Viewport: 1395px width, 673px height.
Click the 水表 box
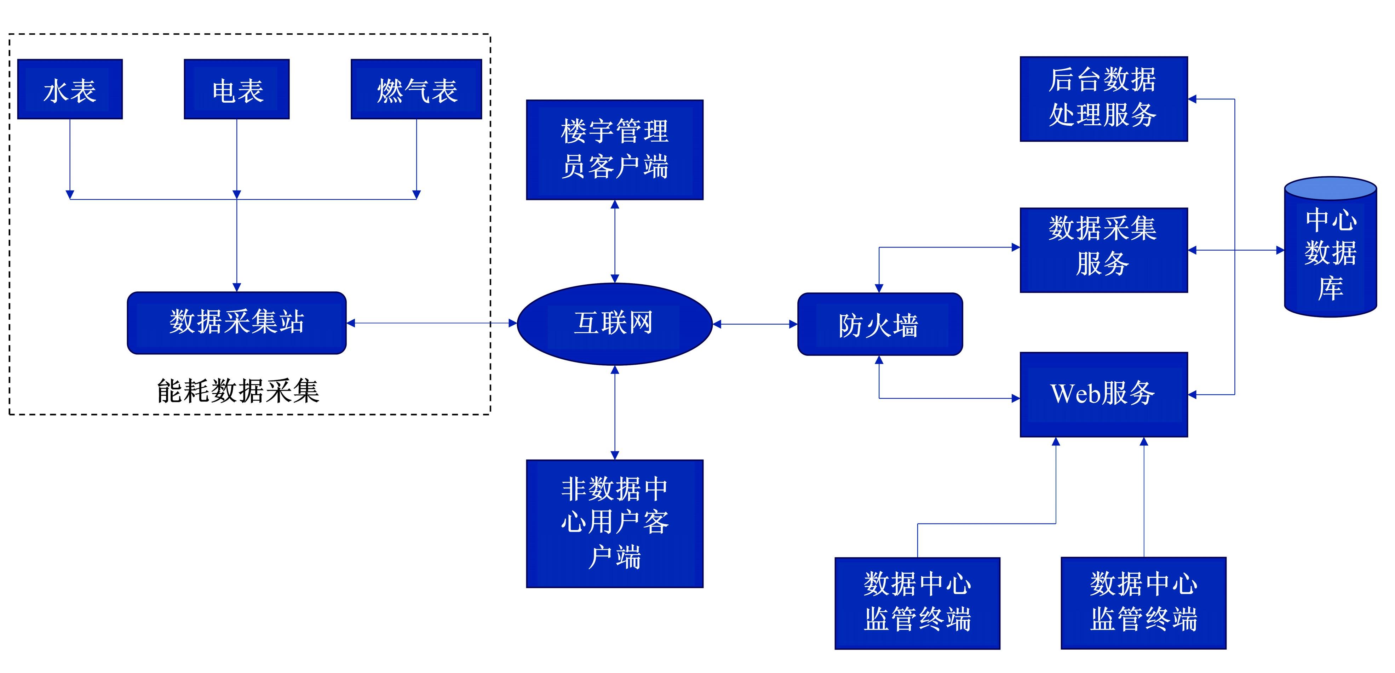(x=70, y=90)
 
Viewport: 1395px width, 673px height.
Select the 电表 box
(x=237, y=90)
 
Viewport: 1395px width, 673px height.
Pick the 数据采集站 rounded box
(x=237, y=323)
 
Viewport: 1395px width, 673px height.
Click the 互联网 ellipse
(x=614, y=324)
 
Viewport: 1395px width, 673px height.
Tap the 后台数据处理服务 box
(x=1103, y=99)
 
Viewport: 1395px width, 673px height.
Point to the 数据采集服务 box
(x=1103, y=250)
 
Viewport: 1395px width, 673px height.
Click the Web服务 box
(x=1103, y=394)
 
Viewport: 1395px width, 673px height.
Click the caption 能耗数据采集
(x=238, y=391)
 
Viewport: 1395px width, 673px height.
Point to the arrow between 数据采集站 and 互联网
(x=431, y=323)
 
